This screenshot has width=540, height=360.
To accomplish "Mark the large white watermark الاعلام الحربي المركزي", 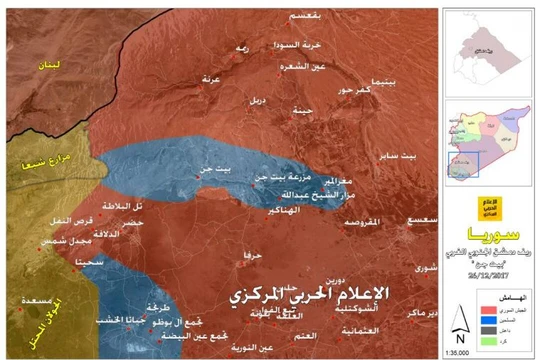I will click(x=306, y=297).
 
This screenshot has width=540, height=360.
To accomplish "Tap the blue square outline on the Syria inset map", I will click(x=461, y=160).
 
